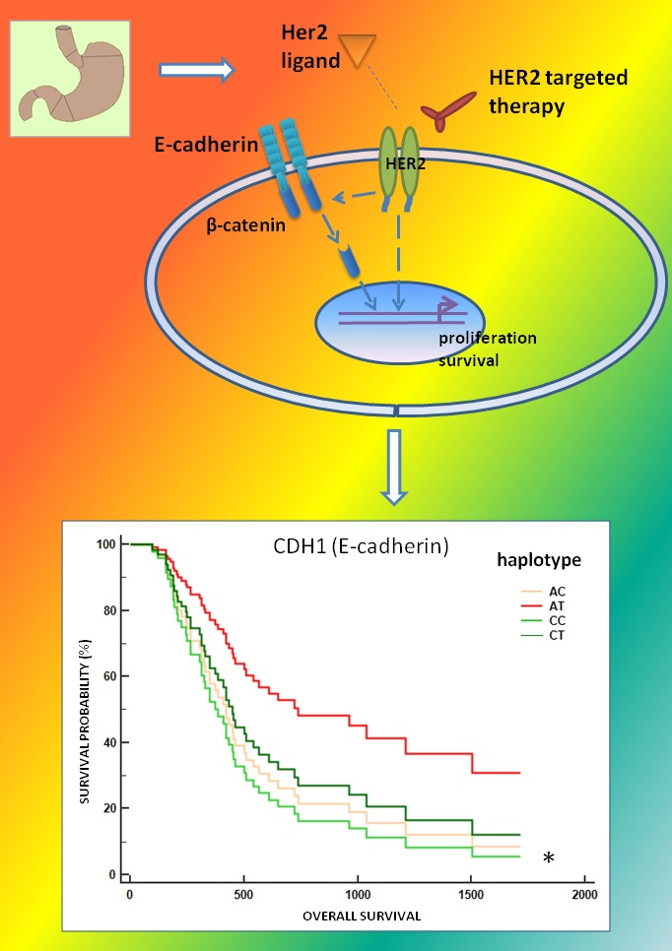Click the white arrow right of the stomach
pos(197,70)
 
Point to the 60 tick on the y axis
pos(108,676)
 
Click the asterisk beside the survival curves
pos(549,860)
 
